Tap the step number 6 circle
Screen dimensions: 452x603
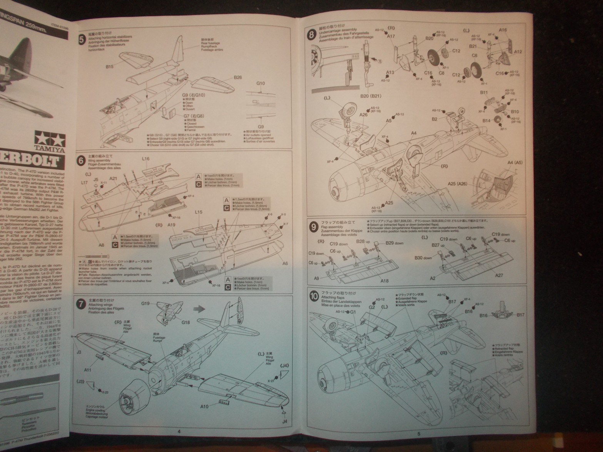[x=81, y=161]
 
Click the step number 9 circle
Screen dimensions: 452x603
[x=313, y=227]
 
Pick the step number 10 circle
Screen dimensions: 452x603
[x=314, y=296]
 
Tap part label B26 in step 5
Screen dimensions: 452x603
[x=237, y=77]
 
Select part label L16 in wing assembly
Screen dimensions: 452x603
[x=145, y=158]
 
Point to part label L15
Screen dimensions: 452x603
[x=199, y=212]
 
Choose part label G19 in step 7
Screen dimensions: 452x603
[x=145, y=304]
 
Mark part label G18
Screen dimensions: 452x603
[x=186, y=322]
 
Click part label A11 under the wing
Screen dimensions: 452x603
[x=88, y=370]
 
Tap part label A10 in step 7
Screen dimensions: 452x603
[x=204, y=406]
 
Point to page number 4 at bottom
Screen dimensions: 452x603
[x=179, y=431]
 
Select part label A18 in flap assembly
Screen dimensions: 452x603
[x=384, y=281]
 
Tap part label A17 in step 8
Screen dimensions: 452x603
[x=391, y=36]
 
